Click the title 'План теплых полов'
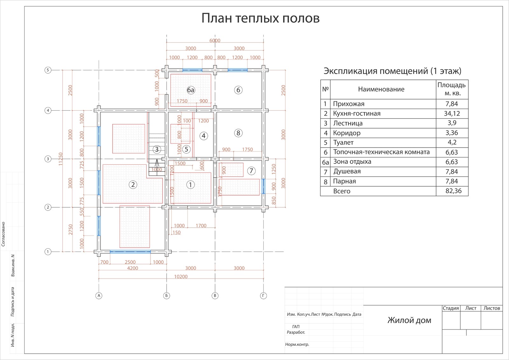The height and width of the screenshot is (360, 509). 260,18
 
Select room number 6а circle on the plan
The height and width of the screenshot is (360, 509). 191,90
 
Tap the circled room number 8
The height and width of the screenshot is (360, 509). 238,133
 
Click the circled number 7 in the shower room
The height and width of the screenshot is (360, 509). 251,171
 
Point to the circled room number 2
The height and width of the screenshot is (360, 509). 133,184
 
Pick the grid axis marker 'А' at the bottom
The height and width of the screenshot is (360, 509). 99,296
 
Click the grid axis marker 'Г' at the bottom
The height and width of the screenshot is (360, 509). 263,296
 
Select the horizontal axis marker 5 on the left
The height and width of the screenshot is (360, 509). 48,70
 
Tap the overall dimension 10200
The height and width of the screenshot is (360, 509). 181,277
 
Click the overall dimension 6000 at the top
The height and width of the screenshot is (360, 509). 215,40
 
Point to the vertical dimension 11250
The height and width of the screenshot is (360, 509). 60,159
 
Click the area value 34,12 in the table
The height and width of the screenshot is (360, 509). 452,114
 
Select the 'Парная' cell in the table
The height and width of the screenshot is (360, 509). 344,181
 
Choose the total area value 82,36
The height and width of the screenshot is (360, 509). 453,191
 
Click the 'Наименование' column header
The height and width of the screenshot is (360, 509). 381,89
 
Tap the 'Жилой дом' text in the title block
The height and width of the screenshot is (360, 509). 409,320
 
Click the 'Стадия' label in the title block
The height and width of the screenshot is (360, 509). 451,308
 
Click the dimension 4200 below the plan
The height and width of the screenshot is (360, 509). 133,268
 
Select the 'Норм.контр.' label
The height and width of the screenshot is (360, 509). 297,344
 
